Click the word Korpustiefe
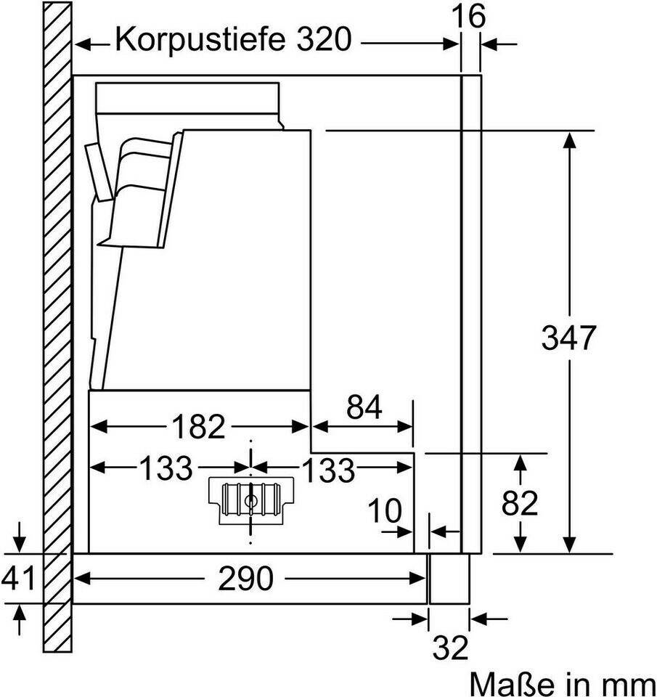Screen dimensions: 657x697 (x=200, y=39)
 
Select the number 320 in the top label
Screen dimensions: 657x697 (x=324, y=38)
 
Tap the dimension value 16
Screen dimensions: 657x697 (x=468, y=16)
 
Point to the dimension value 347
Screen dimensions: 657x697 (x=568, y=338)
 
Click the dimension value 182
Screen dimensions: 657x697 (x=199, y=427)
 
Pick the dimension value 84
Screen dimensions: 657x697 (x=364, y=407)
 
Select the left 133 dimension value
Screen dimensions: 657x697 (x=166, y=468)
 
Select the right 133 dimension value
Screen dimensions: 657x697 (x=328, y=470)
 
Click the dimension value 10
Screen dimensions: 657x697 (x=385, y=510)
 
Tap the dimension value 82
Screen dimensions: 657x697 (x=520, y=502)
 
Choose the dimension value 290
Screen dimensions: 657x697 (x=245, y=579)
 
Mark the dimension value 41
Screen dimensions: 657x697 (x=18, y=579)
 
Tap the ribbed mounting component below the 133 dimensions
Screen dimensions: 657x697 (x=251, y=500)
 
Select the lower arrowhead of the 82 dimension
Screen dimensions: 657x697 (x=520, y=545)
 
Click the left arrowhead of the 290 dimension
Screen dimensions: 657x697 (x=82, y=579)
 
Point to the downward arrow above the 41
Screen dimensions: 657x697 (x=19, y=538)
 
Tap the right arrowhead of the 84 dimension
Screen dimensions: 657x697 (x=404, y=427)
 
